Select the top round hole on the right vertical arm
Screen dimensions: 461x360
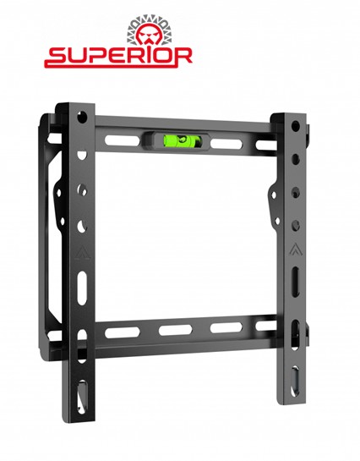pyautogui.click(x=293, y=126)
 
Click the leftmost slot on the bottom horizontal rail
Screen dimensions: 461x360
pyautogui.click(x=117, y=332)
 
